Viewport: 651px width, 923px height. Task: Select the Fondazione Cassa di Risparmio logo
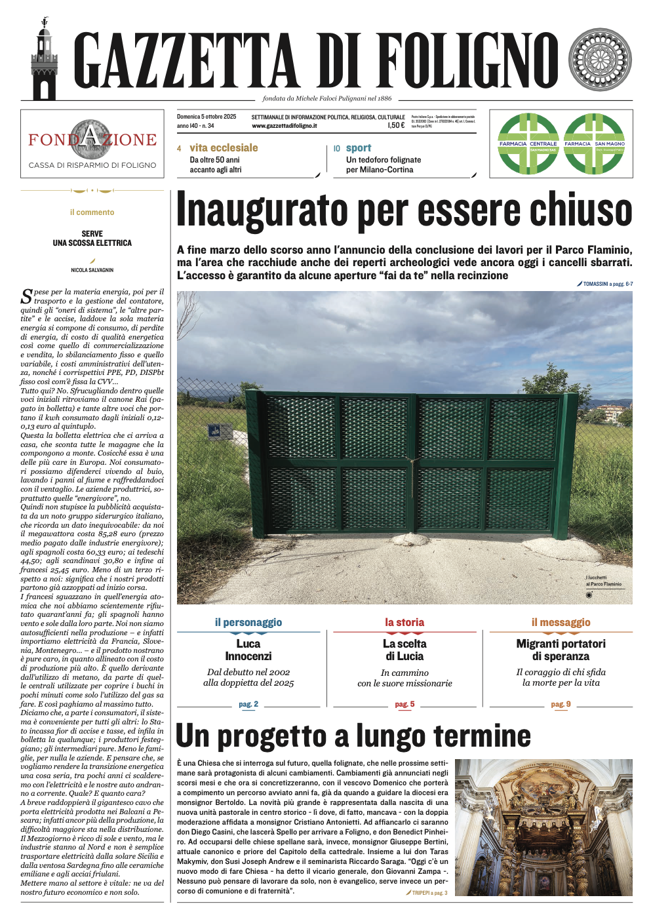coord(92,144)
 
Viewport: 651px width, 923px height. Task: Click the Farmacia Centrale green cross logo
coord(528,144)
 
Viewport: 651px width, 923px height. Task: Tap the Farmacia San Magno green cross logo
coord(595,144)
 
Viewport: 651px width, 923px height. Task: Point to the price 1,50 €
coord(396,125)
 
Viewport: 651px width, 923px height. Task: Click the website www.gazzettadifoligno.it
coord(285,126)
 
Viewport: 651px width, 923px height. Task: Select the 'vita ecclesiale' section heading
coord(224,148)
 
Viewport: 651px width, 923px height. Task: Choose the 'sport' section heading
coord(359,148)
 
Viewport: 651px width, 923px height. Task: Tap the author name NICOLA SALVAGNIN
coord(92,270)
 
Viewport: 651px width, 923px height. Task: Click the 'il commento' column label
coord(92,212)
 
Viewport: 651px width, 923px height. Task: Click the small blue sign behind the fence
coord(214,431)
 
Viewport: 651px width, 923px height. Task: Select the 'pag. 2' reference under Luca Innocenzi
coord(248,704)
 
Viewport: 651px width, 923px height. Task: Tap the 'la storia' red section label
coord(404,622)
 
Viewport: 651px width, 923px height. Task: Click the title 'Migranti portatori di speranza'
coord(561,650)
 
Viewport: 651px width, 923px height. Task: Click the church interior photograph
coord(543,827)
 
